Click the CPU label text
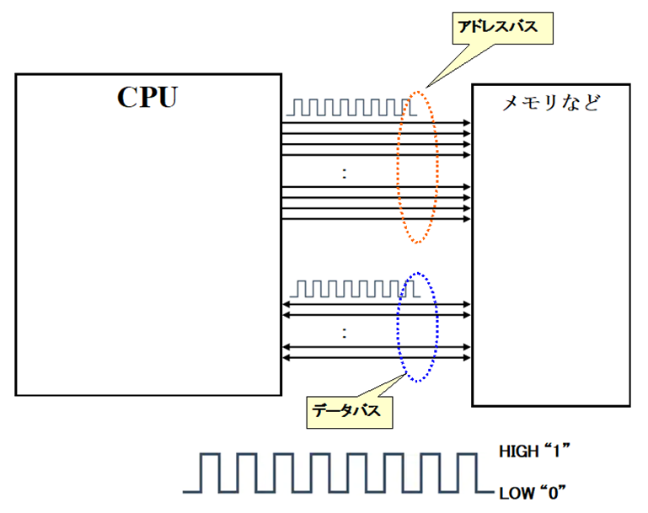pos(147,98)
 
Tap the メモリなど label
pos(551,104)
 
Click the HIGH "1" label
pos(535,452)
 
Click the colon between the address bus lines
pos(345,174)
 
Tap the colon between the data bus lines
pos(345,333)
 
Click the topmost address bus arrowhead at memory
pos(468,123)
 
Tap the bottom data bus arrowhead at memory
pos(468,358)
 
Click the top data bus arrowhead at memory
pos(468,304)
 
